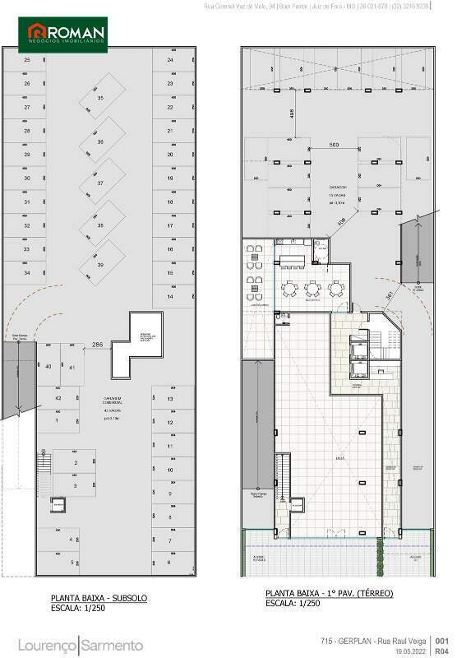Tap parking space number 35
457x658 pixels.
(101, 99)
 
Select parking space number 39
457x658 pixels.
(101, 265)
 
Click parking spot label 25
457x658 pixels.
(27, 60)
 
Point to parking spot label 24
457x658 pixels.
(170, 60)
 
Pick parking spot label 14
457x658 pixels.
(170, 296)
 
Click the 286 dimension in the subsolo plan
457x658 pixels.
(97, 344)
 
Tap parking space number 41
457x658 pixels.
(72, 367)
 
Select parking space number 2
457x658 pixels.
(76, 464)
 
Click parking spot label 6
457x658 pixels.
(169, 563)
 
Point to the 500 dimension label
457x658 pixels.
(334, 145)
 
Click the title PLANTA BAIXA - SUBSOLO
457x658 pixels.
(99, 598)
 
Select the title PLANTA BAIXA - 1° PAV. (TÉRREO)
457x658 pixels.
(329, 593)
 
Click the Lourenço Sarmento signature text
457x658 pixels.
(81, 644)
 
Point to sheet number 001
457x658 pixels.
(441, 640)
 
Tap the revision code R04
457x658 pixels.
(441, 650)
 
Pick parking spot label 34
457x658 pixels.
(27, 272)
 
